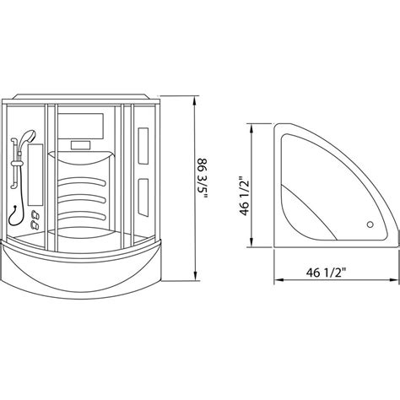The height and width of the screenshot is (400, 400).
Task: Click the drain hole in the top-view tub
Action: [x=368, y=225]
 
